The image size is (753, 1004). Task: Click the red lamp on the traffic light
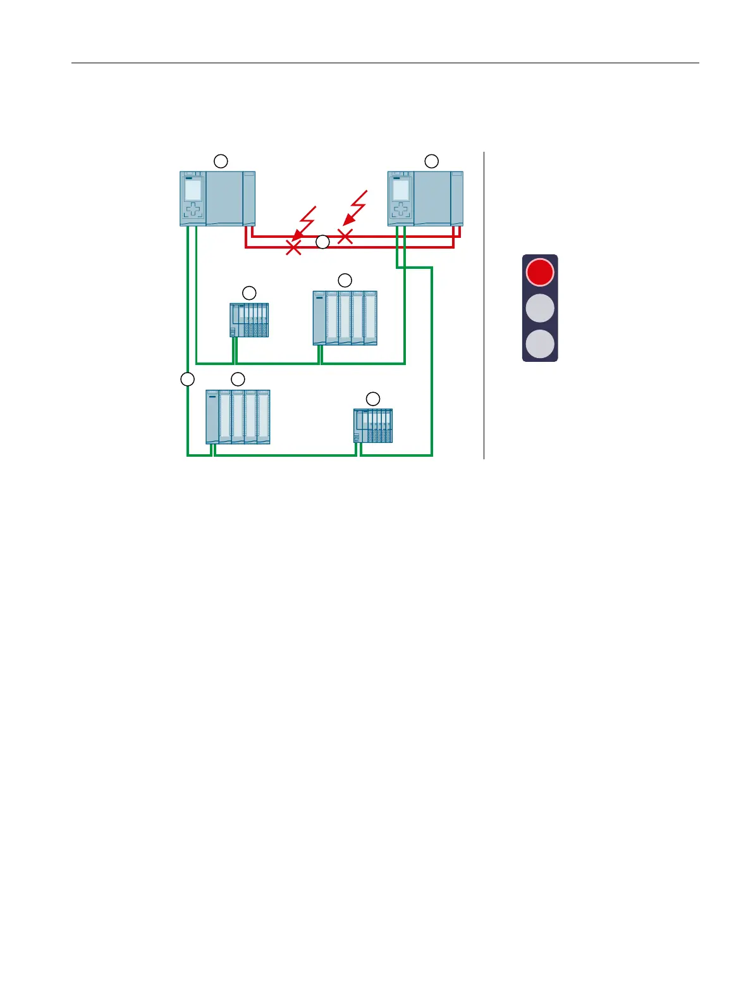pos(540,272)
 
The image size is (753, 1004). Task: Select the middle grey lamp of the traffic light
pos(540,308)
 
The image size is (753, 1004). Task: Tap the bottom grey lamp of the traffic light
pos(540,344)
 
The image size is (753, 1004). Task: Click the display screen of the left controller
pos(193,190)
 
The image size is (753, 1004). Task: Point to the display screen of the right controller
pos(401,190)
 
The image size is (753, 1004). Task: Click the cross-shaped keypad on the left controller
pos(193,210)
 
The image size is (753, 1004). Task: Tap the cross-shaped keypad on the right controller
pos(401,210)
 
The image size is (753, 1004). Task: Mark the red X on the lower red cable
pos(293,247)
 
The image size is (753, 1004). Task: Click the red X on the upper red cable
pos(345,237)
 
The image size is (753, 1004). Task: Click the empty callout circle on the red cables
pos(322,242)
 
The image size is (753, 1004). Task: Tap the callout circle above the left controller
pos(220,161)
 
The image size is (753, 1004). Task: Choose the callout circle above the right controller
pos(431,161)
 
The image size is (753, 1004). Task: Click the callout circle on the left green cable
pos(187,379)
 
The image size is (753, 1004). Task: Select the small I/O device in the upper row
pos(249,320)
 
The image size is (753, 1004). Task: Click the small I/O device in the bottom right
pos(373,426)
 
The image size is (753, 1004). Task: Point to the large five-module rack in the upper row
pos(345,318)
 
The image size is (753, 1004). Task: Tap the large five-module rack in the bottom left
pos(238,417)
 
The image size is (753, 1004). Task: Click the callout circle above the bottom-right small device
pos(373,399)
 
